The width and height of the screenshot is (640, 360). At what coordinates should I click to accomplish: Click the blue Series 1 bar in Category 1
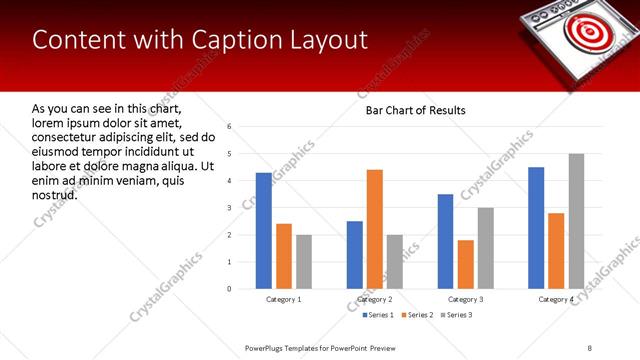coord(264,231)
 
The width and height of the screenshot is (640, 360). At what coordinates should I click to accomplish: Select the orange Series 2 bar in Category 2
coord(375,229)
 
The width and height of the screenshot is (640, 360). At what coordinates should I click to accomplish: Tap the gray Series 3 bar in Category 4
coord(576,221)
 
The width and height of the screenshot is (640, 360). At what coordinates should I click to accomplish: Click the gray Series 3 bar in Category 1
coord(304,262)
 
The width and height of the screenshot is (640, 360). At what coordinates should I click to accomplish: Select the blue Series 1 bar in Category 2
coord(355,255)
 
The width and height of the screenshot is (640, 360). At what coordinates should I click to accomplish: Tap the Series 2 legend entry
coord(415,315)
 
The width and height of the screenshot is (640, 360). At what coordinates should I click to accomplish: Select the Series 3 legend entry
coord(456,315)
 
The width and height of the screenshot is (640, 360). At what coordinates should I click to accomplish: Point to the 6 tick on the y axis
coord(230,127)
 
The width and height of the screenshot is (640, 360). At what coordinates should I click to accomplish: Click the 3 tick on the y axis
coord(230,208)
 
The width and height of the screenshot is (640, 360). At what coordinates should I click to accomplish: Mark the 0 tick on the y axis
coord(230,289)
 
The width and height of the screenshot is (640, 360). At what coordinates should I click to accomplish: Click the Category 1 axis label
coord(284,299)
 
